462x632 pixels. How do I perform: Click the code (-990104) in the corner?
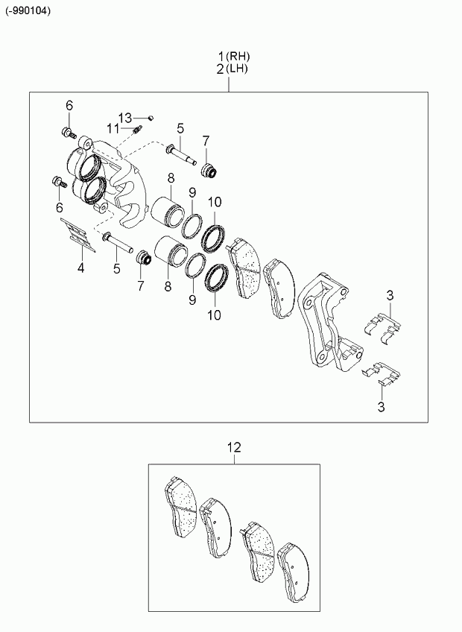(28, 11)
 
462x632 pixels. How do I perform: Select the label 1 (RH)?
(234, 56)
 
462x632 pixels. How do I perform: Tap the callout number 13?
(125, 118)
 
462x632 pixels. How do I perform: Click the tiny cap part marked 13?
(151, 118)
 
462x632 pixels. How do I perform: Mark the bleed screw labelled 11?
(137, 130)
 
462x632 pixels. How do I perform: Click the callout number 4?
(81, 268)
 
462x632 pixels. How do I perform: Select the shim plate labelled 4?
(77, 235)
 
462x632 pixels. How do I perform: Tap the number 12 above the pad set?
(234, 447)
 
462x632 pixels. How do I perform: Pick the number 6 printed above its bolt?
(69, 106)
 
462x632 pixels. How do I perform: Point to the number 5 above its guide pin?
(180, 129)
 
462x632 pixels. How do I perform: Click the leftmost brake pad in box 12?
(180, 508)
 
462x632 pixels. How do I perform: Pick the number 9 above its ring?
(192, 193)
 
